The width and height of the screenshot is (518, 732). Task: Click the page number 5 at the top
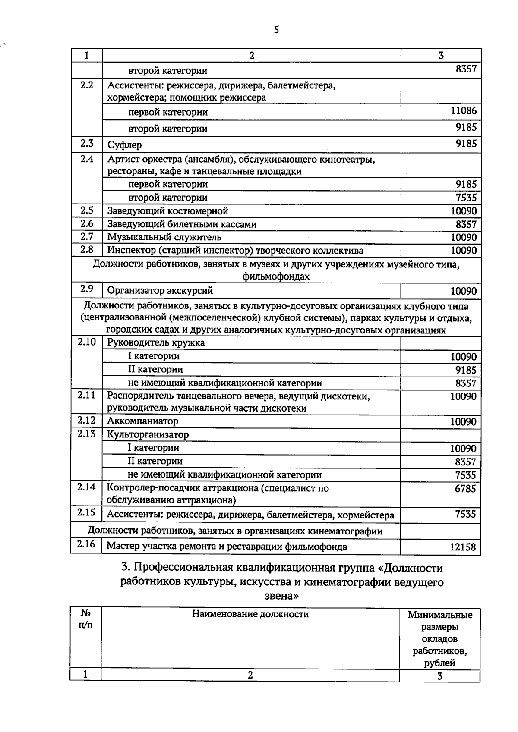click(x=276, y=30)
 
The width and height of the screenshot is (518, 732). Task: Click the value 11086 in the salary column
click(x=463, y=111)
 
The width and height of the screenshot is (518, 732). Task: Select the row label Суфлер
click(x=124, y=145)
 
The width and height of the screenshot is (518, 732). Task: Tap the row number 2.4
click(x=87, y=159)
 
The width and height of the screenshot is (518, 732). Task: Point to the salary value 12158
click(x=462, y=547)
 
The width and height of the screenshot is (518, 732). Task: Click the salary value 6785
click(x=465, y=489)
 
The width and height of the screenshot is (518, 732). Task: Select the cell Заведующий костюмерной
click(x=167, y=211)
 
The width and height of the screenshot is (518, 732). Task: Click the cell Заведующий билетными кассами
click(x=182, y=224)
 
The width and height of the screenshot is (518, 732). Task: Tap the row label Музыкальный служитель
click(x=164, y=237)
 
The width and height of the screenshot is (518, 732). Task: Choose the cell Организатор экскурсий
click(x=160, y=291)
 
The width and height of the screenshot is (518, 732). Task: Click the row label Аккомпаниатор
click(x=142, y=421)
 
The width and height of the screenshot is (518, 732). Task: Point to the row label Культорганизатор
click(x=148, y=434)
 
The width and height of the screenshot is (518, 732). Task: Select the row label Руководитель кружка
click(x=155, y=342)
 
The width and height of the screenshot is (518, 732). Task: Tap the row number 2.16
click(x=86, y=544)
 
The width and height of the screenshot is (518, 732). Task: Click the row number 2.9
click(x=87, y=289)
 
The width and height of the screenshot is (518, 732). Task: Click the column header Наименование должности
click(x=250, y=614)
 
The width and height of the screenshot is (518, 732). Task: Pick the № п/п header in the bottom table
click(x=85, y=619)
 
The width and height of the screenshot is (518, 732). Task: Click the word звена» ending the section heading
click(x=281, y=596)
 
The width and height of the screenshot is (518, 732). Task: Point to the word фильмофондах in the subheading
click(x=276, y=276)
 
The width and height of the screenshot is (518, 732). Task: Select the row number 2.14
click(x=86, y=487)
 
